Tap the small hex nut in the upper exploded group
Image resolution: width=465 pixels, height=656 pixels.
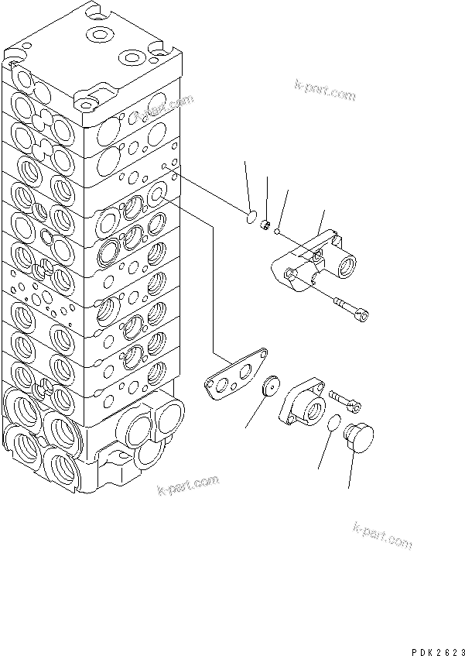(x=265, y=225)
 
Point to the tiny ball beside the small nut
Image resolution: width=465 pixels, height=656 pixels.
(x=277, y=228)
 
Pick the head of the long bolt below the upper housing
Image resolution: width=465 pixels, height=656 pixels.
(x=364, y=314)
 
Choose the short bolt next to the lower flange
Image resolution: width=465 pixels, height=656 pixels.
(x=344, y=398)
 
